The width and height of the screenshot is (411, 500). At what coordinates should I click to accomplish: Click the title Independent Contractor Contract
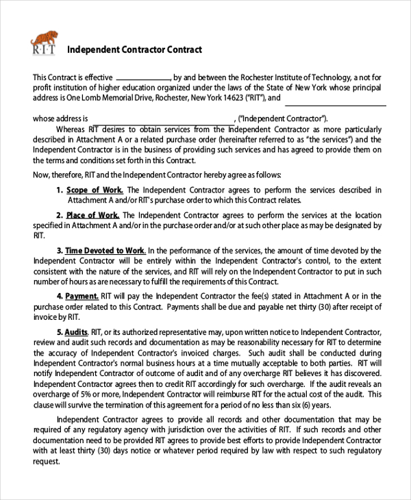pos(134,49)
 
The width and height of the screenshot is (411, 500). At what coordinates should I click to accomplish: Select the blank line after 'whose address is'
pos(161,118)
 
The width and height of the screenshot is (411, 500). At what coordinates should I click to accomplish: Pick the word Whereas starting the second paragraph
pos(71,129)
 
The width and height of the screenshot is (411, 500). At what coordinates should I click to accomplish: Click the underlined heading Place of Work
pos(93,215)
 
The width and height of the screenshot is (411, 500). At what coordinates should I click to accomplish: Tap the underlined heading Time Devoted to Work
pos(105,251)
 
